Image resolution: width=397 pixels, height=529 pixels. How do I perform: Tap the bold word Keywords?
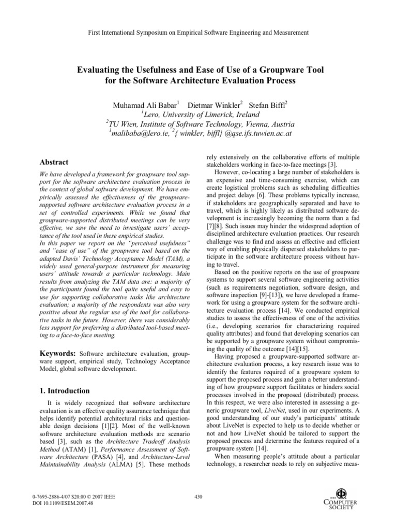(x=58, y=352)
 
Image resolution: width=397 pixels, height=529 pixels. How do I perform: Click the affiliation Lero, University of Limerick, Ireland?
(x=199, y=115)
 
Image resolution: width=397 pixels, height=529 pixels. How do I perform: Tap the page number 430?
(x=198, y=497)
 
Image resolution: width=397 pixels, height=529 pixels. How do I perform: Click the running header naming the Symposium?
(x=198, y=33)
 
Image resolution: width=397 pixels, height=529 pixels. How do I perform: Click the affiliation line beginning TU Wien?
(x=199, y=125)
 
